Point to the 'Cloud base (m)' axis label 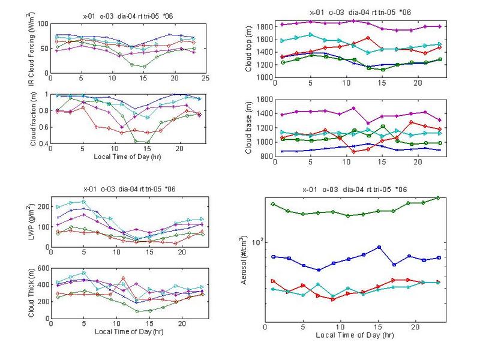point(249,127)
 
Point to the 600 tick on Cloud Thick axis point(43,268)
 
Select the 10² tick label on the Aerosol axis point(256,241)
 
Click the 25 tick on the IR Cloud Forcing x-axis point(205,79)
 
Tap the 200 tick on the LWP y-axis point(43,206)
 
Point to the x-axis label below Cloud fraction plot point(127,157)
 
